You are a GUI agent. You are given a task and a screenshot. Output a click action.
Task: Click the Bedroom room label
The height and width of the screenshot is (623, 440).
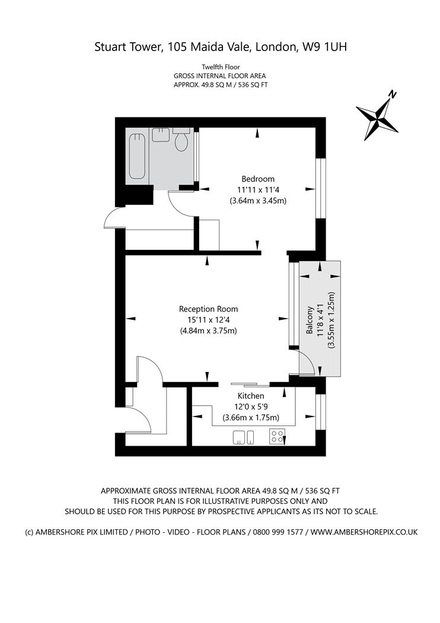[258, 179]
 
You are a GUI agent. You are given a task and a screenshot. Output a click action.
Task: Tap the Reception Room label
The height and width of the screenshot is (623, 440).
[208, 309]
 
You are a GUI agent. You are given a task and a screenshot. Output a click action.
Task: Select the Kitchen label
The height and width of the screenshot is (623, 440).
[251, 396]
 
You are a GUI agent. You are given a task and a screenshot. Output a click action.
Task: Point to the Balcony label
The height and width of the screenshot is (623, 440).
[310, 321]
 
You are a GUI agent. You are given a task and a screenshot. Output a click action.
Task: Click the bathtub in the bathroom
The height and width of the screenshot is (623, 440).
[138, 155]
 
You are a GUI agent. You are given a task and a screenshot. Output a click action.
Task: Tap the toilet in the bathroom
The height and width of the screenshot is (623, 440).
[182, 141]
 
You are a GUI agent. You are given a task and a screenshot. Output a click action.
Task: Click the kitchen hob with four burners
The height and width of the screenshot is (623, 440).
[276, 437]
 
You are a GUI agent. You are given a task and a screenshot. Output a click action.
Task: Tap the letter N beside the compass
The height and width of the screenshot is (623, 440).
[392, 94]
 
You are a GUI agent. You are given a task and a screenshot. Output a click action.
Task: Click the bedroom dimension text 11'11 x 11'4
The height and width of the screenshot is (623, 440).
[258, 190]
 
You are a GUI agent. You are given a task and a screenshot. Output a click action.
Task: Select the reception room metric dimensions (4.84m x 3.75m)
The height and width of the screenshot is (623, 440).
[208, 330]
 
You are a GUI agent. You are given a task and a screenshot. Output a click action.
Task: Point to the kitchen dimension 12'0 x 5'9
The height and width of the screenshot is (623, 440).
[251, 407]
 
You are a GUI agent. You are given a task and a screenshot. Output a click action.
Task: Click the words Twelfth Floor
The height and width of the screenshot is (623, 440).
[219, 67]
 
